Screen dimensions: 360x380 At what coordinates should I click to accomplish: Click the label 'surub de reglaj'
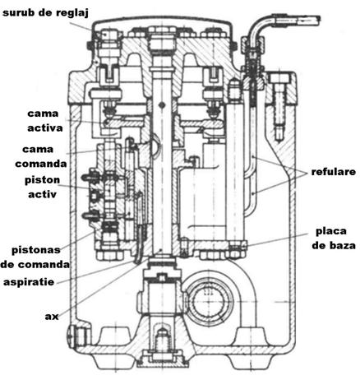(x=45, y=13)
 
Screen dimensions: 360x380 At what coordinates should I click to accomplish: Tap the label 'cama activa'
(x=45, y=121)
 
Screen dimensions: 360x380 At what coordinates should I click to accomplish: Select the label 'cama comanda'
(x=41, y=156)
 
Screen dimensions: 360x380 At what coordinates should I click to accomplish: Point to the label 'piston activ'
(x=42, y=187)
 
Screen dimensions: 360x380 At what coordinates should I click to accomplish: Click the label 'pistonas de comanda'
(x=35, y=257)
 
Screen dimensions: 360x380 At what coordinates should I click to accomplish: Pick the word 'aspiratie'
(x=29, y=282)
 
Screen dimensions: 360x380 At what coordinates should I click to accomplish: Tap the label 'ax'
(x=52, y=317)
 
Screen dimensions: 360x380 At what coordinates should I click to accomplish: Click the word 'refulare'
(x=334, y=172)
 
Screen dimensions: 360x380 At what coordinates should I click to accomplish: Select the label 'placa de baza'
(x=334, y=238)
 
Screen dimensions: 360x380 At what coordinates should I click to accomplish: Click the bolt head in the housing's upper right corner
(x=279, y=78)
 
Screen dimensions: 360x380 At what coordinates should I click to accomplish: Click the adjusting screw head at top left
(x=108, y=35)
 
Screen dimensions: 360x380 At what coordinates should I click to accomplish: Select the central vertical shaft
(x=162, y=165)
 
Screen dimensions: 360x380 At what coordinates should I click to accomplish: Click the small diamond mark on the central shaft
(x=162, y=104)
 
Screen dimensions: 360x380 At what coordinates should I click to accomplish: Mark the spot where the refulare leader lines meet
(x=307, y=172)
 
